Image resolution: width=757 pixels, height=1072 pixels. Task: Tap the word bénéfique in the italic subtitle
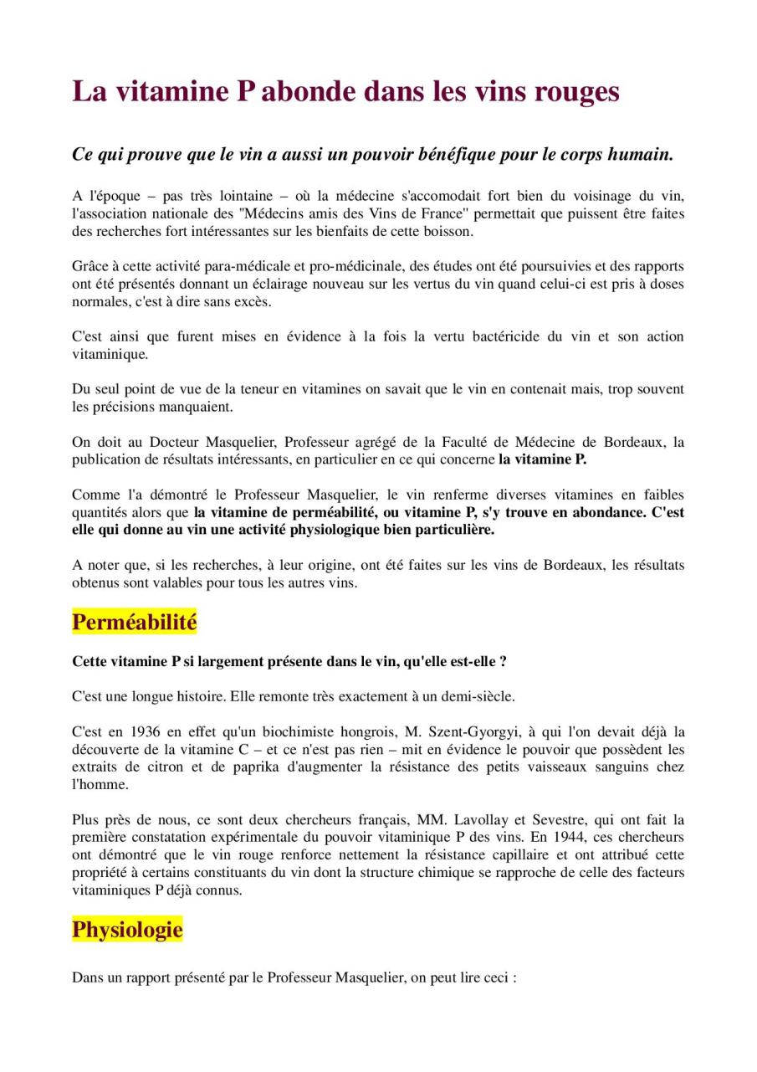[451, 155]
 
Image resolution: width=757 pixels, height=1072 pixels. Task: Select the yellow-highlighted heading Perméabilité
[134, 623]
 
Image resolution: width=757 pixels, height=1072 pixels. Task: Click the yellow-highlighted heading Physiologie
[127, 930]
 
